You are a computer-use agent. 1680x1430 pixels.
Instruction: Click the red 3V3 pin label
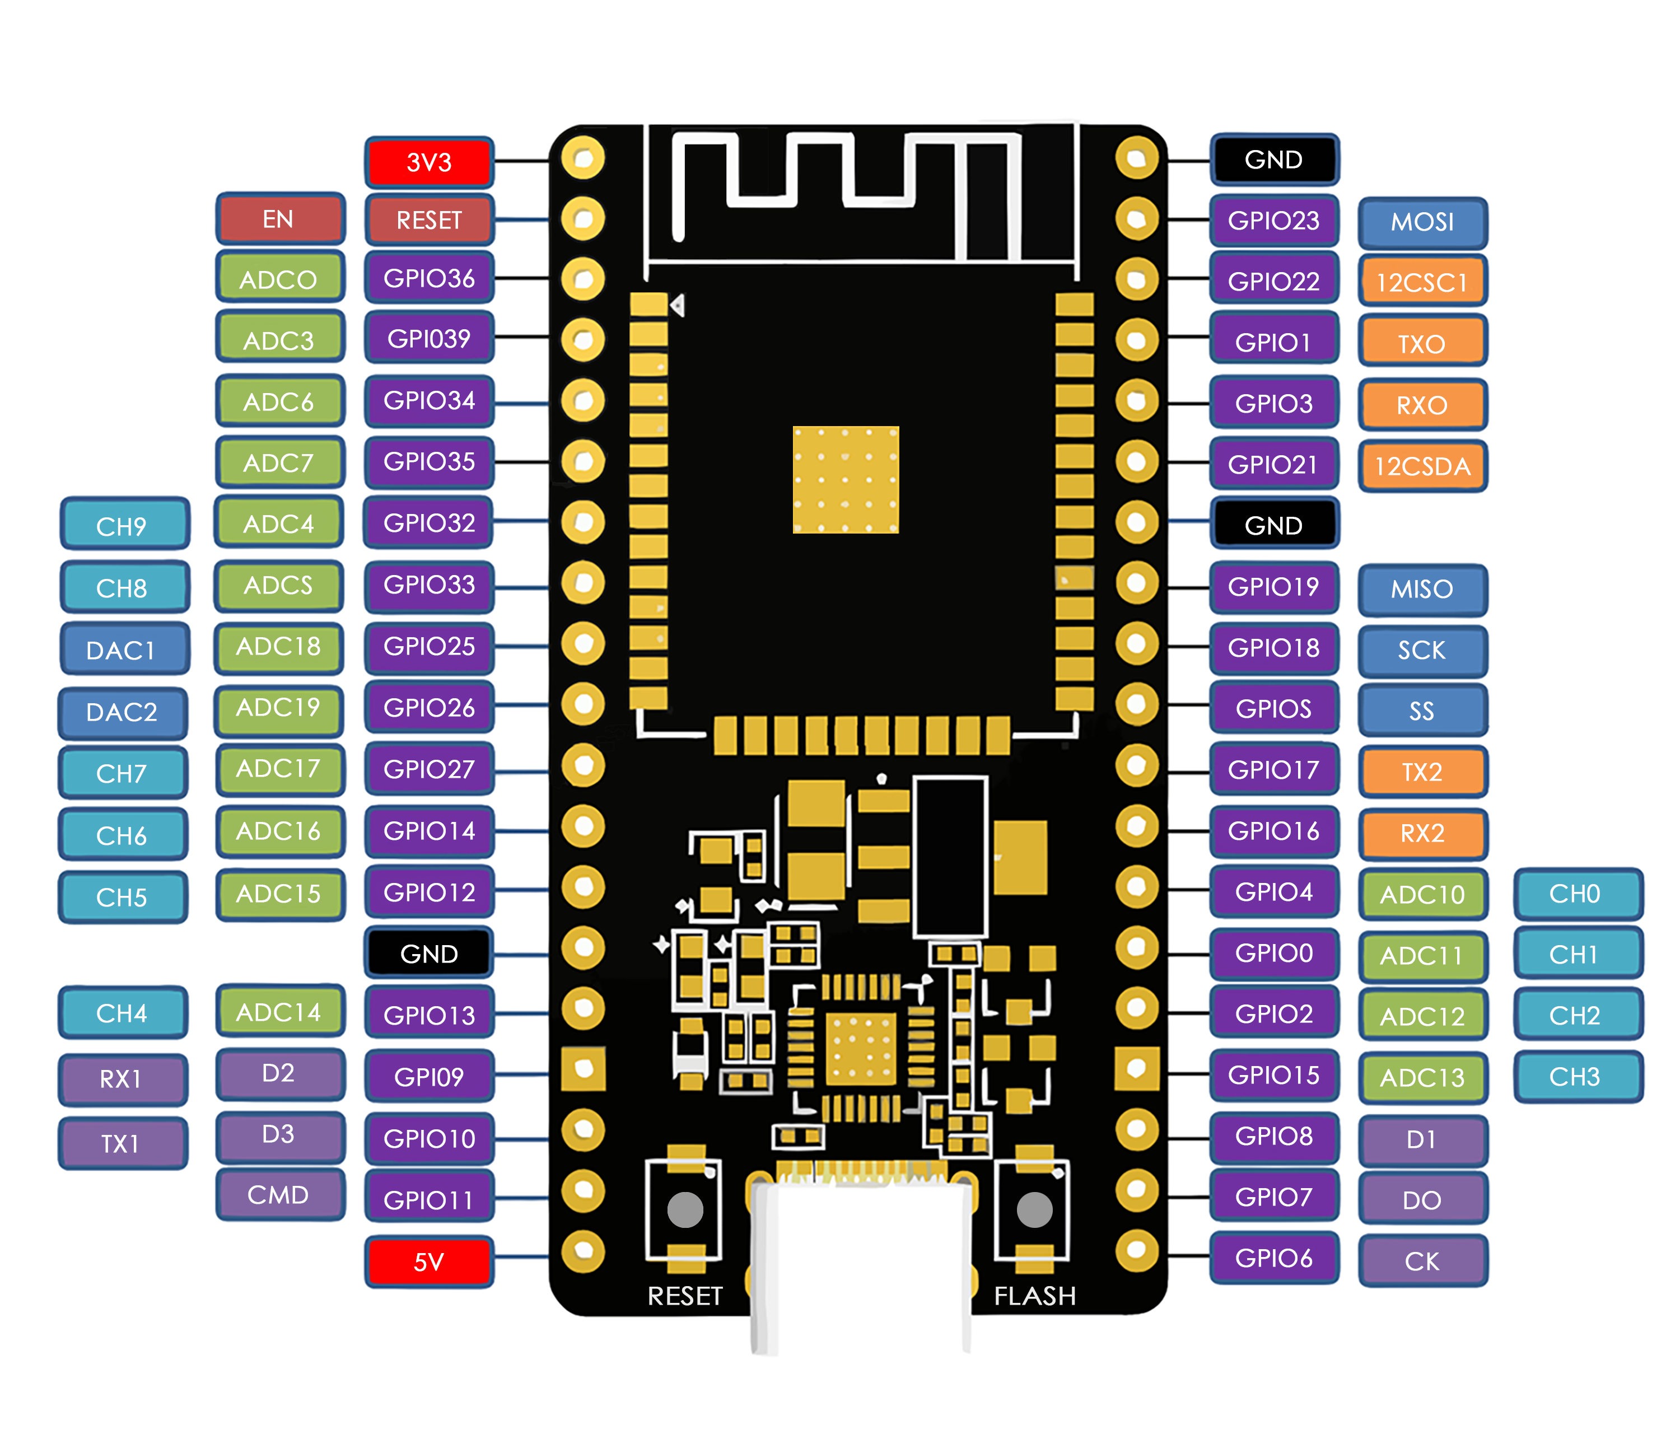tap(429, 162)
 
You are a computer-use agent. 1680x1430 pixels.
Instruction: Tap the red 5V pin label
tap(429, 1261)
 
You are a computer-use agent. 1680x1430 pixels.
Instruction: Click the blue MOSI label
tap(1422, 222)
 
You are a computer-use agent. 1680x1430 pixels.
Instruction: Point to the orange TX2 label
tap(1422, 772)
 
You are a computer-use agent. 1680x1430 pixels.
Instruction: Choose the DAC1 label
tap(122, 650)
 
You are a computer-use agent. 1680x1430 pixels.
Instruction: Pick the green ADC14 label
tap(279, 1012)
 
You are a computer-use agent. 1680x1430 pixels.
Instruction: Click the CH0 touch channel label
tap(1575, 894)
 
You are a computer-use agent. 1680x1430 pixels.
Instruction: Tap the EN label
tap(279, 219)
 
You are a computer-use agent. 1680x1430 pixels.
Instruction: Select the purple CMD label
tap(279, 1195)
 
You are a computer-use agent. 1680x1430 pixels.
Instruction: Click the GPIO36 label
tap(429, 279)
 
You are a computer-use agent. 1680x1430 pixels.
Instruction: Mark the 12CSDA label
tap(1422, 466)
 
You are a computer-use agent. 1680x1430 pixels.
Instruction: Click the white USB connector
tap(861, 1265)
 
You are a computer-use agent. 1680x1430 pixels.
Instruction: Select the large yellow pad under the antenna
tap(846, 480)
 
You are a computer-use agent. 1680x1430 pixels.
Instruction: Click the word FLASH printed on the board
tap(1034, 1296)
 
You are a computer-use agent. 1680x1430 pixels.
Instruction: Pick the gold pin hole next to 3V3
tap(583, 157)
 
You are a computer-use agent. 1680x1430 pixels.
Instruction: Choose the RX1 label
tap(122, 1079)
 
